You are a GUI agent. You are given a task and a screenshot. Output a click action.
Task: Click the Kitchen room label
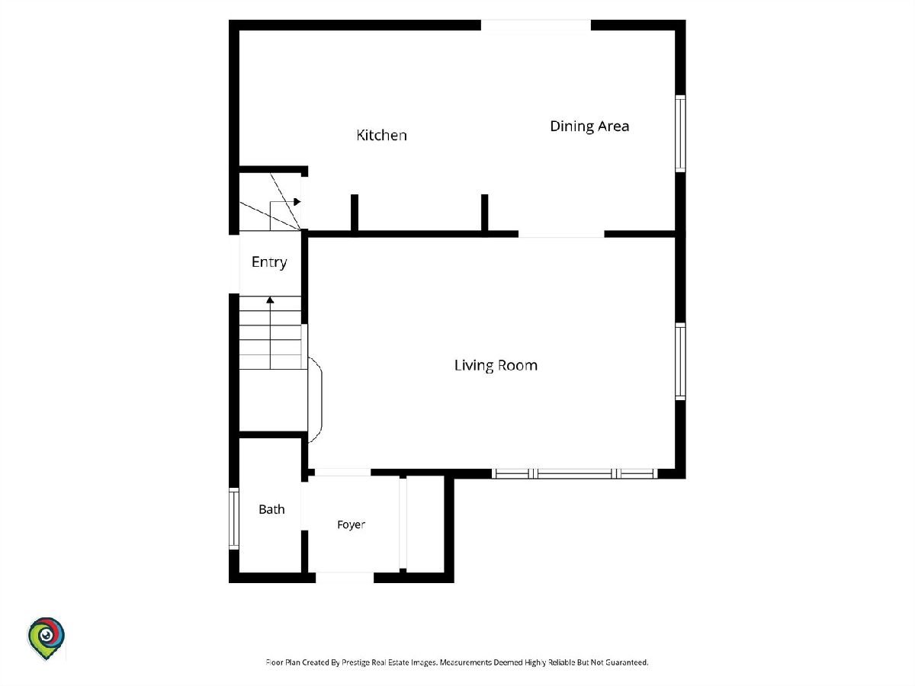tap(381, 135)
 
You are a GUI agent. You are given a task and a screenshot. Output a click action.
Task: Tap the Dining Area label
tap(589, 127)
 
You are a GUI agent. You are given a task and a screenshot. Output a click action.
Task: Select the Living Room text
tap(496, 365)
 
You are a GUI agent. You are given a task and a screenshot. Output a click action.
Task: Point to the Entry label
tap(269, 262)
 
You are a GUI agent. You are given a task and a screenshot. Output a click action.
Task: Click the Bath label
tap(271, 509)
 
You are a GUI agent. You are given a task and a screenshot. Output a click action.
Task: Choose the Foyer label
tap(351, 524)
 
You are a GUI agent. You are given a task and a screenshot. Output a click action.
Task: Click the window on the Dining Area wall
tap(680, 133)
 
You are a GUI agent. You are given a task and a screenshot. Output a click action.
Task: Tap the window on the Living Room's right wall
tap(680, 361)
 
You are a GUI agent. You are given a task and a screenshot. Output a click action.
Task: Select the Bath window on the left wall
tap(234, 518)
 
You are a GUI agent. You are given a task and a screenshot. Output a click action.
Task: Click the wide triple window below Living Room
tap(574, 473)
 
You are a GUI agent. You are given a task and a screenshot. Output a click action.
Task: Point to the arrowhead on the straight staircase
tap(270, 300)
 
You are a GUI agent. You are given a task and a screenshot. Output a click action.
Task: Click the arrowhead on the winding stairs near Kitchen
tap(297, 202)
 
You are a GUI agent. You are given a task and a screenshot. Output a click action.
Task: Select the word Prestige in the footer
tap(355, 662)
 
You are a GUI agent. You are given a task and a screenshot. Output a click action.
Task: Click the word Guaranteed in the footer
tap(627, 662)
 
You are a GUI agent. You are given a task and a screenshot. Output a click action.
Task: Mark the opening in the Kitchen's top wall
tap(536, 25)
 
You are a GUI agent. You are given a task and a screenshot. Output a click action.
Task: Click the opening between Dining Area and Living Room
tap(561, 234)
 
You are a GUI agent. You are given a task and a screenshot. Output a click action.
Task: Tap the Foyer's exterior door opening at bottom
tap(345, 577)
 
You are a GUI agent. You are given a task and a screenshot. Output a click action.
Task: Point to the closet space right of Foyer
tap(425, 524)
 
